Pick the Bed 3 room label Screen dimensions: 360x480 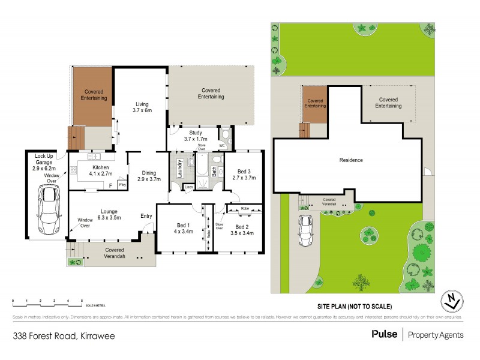click(x=247, y=174)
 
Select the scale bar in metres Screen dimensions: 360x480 click(x=47, y=302)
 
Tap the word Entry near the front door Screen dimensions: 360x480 click(x=146, y=216)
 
